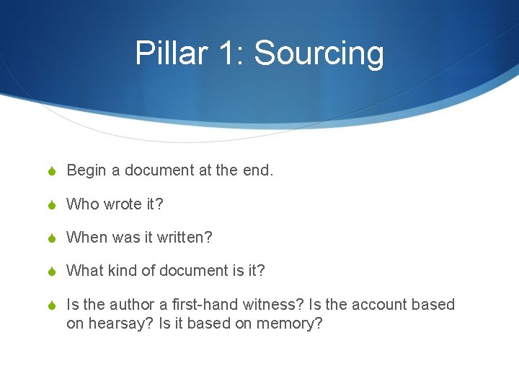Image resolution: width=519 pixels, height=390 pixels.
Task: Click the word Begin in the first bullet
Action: [86, 171]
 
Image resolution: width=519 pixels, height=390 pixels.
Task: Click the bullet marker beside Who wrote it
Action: [52, 204]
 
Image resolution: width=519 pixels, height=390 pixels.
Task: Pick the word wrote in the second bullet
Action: [123, 204]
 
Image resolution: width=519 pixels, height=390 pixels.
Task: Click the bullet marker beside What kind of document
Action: [52, 271]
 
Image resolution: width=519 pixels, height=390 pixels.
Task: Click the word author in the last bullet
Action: [130, 305]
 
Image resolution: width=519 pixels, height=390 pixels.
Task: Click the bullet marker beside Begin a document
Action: [52, 171]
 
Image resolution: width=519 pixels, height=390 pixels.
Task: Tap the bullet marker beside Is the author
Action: [52, 305]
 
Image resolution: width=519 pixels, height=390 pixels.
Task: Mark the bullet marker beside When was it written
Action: [52, 238]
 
